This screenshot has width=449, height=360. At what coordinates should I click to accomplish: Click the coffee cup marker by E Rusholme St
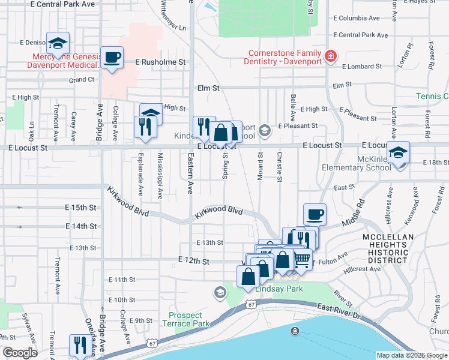point(112,58)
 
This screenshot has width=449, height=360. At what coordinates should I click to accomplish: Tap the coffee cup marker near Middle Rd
point(315,215)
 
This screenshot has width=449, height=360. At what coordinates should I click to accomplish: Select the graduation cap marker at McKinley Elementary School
point(398,152)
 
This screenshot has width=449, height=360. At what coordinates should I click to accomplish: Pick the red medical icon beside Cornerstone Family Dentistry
point(330,57)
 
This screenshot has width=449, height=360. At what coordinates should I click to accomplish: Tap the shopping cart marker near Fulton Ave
point(302,260)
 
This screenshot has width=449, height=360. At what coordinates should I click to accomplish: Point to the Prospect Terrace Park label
point(189,319)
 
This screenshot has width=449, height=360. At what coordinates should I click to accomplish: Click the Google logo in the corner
point(20,353)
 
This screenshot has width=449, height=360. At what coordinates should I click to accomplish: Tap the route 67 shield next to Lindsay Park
point(250,305)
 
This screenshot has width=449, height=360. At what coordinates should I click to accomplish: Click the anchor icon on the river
point(295,331)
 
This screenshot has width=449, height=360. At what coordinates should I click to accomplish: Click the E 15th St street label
point(80,207)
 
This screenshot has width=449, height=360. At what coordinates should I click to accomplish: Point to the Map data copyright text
point(411,355)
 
